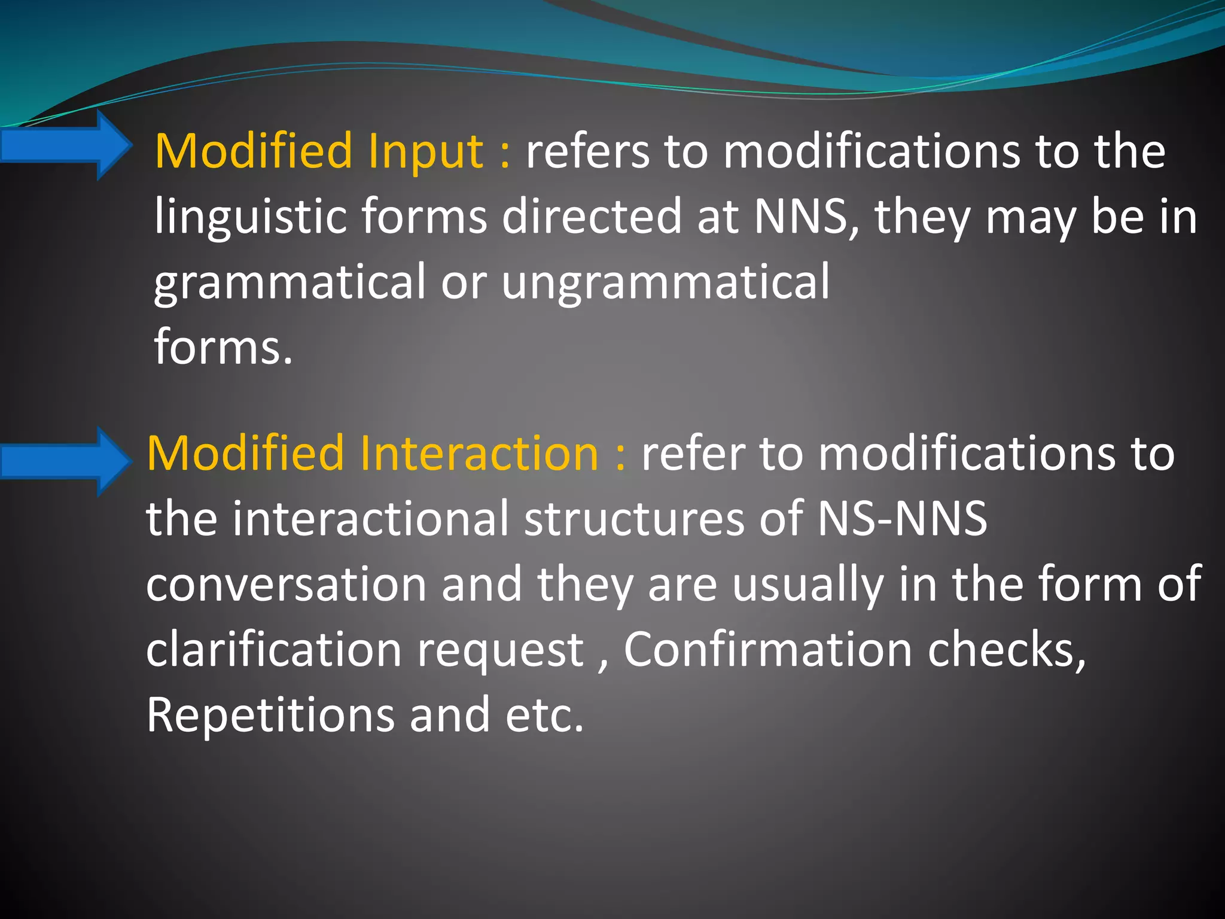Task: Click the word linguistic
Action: (x=251, y=217)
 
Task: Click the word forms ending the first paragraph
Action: (x=223, y=347)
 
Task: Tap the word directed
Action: (x=592, y=217)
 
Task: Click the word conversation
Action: (x=286, y=585)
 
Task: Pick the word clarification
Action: (x=273, y=650)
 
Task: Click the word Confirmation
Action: (x=767, y=650)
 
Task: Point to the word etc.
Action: (x=544, y=716)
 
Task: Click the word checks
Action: (x=1006, y=650)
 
